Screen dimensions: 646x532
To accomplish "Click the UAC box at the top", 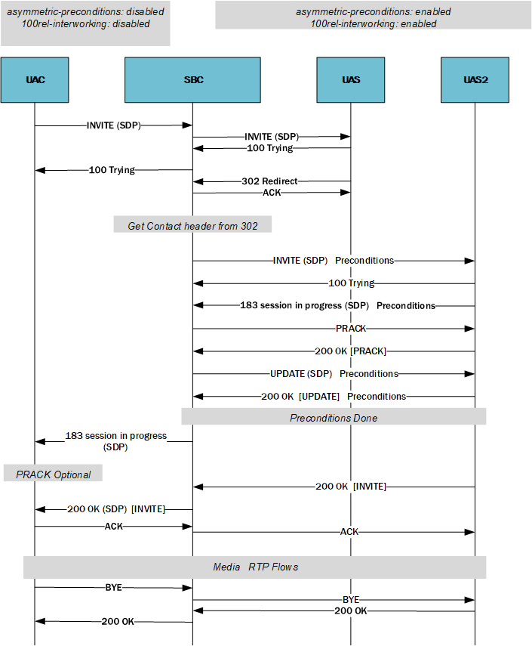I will click(x=35, y=79).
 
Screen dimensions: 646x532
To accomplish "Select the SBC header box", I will click(x=192, y=79).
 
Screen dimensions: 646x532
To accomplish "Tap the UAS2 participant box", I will click(x=475, y=79).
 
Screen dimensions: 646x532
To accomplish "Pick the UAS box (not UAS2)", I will click(x=350, y=79).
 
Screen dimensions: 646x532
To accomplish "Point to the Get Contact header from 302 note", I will click(x=192, y=226).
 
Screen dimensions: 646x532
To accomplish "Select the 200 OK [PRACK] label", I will click(x=350, y=351).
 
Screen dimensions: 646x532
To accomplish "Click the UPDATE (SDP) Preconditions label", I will click(x=334, y=374).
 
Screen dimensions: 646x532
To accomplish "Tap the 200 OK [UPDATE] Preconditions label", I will click(x=333, y=396).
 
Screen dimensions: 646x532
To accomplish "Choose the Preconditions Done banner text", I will click(x=334, y=418).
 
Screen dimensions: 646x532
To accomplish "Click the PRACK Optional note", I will click(x=53, y=474).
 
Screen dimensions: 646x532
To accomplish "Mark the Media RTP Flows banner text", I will click(x=255, y=567).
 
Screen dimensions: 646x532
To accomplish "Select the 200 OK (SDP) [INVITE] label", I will click(x=115, y=509).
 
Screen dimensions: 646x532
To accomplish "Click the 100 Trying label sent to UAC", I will click(x=111, y=170).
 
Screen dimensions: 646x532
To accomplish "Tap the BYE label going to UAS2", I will click(x=350, y=599).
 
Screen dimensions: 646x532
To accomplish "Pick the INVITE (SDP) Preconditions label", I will click(x=333, y=261).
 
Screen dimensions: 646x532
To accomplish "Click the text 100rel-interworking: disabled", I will click(x=85, y=23).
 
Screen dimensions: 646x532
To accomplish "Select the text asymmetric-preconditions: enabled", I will click(x=373, y=12).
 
